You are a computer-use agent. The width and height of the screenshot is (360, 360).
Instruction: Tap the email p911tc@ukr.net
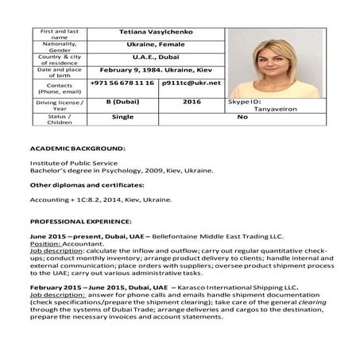(x=191, y=83)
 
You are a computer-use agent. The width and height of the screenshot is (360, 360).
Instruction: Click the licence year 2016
(x=192, y=102)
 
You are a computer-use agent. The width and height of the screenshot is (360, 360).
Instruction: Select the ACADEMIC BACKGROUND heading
(x=77, y=149)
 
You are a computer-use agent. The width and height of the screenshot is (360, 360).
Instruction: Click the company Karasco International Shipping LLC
(x=235, y=286)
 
